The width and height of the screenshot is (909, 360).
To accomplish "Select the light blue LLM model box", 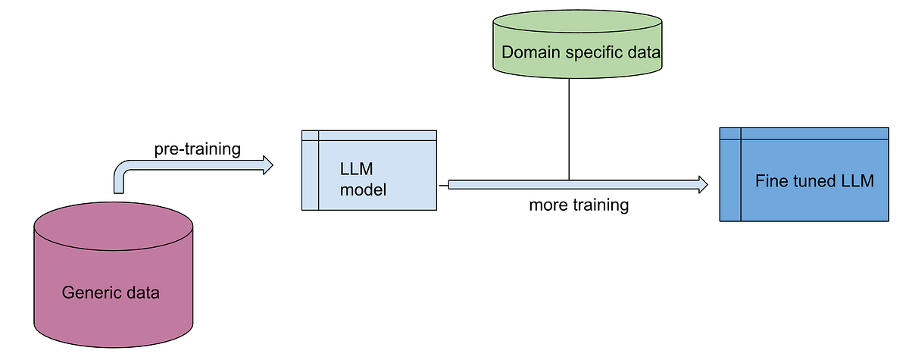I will pyautogui.click(x=369, y=171).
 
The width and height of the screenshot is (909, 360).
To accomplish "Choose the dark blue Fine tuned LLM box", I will pyautogui.click(x=803, y=174).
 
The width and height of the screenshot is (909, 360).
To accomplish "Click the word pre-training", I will pyautogui.click(x=197, y=149).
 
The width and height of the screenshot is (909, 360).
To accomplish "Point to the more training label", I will pyautogui.click(x=579, y=205).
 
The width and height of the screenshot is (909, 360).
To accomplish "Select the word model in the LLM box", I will pyautogui.click(x=363, y=189).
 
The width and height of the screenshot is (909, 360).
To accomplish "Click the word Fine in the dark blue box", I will pyautogui.click(x=770, y=182).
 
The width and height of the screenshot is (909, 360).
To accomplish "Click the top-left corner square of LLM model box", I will pyautogui.click(x=310, y=136).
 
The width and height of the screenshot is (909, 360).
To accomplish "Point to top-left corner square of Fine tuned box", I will pyautogui.click(x=729, y=133).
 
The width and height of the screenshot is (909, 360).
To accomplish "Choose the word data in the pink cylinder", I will pyautogui.click(x=142, y=293).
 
